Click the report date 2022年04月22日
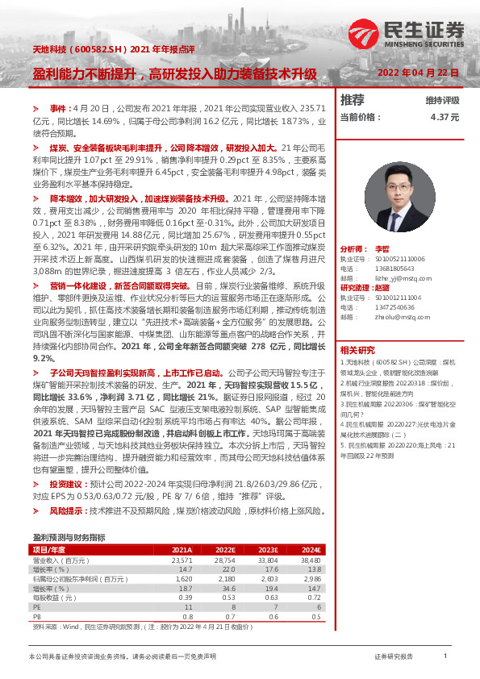click(420, 73)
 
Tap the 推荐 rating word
click(352, 100)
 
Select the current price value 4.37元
click(445, 117)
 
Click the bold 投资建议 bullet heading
click(66, 484)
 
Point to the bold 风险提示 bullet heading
click(66, 511)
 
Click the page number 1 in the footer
click(445, 657)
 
